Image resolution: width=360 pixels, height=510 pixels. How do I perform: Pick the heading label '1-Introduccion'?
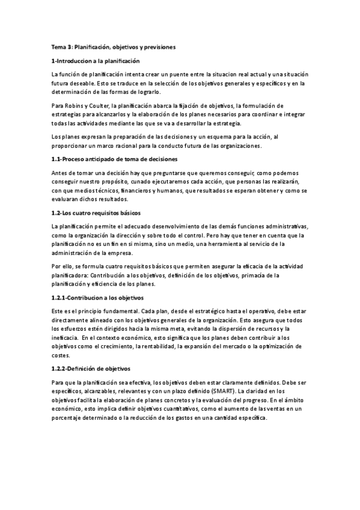coord(73,61)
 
